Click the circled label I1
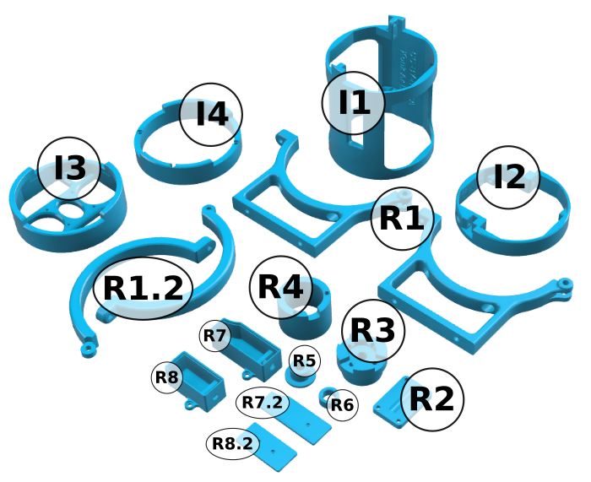[x=353, y=103]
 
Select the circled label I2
[x=508, y=177]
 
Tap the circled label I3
[x=69, y=168]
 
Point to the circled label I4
[x=211, y=115]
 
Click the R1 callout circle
[x=403, y=219]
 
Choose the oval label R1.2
[x=143, y=289]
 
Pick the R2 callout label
[x=432, y=399]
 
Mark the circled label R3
[x=373, y=331]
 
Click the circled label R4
[x=281, y=287]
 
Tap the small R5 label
[x=305, y=360]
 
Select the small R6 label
[x=342, y=405]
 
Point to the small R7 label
[x=214, y=335]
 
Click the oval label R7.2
[x=263, y=403]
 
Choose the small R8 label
[x=167, y=377]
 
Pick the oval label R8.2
[x=232, y=443]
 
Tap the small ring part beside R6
[x=323, y=397]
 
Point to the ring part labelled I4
[x=187, y=171]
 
